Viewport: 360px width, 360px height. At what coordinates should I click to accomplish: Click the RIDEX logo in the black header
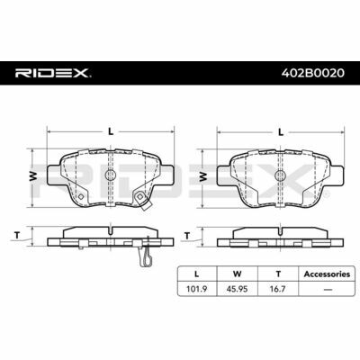pyautogui.click(x=53, y=73)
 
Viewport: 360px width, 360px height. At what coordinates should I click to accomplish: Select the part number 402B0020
pyautogui.click(x=313, y=73)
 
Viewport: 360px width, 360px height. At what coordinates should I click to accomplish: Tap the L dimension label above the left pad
pyautogui.click(x=111, y=131)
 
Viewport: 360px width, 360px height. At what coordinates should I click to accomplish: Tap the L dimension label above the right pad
pyautogui.click(x=281, y=132)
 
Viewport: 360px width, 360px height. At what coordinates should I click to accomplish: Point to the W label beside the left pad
pyautogui.click(x=33, y=175)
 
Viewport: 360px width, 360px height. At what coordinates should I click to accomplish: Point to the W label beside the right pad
pyautogui.click(x=203, y=176)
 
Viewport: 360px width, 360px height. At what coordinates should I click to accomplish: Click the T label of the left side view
pyautogui.click(x=17, y=236)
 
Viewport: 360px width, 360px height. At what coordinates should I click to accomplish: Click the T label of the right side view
pyautogui.click(x=187, y=236)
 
